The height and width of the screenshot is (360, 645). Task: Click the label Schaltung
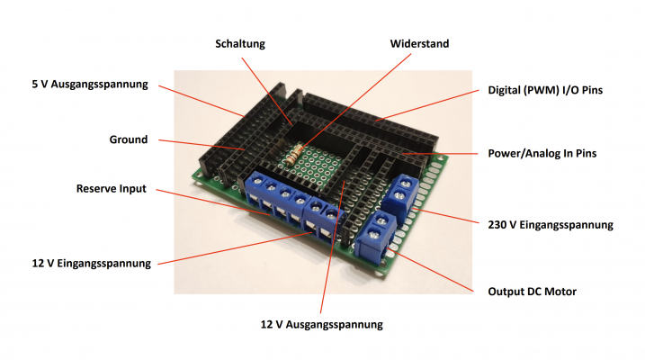tap(240, 44)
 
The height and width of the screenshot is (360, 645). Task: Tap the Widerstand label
tap(419, 43)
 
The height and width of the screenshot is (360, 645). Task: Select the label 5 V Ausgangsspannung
tap(90, 85)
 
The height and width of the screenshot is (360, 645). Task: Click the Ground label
tap(129, 139)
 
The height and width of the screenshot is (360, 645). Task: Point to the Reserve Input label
tap(111, 188)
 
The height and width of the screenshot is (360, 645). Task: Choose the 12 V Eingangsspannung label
tap(92, 264)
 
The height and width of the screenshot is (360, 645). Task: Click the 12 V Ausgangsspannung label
tap(322, 325)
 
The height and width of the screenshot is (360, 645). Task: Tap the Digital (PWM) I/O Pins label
tap(545, 90)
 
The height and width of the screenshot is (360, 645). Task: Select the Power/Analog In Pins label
tap(542, 154)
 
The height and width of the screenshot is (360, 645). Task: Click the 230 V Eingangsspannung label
tap(551, 225)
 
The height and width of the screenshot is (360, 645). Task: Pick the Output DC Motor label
tap(532, 292)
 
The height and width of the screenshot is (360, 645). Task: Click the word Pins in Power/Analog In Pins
tap(587, 154)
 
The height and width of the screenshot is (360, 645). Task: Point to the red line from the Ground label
tap(202, 144)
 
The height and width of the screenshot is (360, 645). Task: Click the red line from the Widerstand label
tap(354, 103)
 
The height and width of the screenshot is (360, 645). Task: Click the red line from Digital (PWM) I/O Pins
tap(427, 105)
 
